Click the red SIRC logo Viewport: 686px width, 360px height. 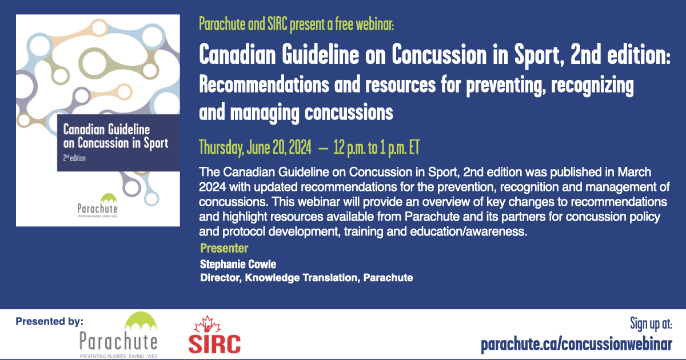[x=214, y=335]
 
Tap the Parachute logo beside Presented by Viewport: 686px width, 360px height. [x=119, y=335]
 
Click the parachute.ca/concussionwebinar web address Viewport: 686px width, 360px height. [x=576, y=345]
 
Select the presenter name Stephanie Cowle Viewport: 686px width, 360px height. [x=238, y=264]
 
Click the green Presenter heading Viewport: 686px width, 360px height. [x=224, y=248]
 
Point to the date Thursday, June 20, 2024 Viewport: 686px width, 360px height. [x=255, y=147]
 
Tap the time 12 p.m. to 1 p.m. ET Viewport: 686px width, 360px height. [x=376, y=147]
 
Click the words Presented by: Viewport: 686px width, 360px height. [x=49, y=321]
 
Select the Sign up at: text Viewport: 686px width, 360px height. [x=651, y=324]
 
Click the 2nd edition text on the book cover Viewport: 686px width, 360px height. [x=74, y=158]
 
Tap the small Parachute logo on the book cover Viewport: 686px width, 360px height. [x=97, y=205]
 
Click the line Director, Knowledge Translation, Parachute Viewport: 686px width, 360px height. [x=306, y=278]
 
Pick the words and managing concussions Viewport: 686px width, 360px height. [x=296, y=113]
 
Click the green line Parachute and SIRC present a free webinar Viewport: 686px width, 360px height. [x=297, y=24]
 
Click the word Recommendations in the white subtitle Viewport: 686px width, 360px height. [x=264, y=85]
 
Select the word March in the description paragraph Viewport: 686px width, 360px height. [x=634, y=172]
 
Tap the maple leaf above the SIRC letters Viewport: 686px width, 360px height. [x=208, y=324]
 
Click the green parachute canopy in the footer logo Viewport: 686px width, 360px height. [x=141, y=321]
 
